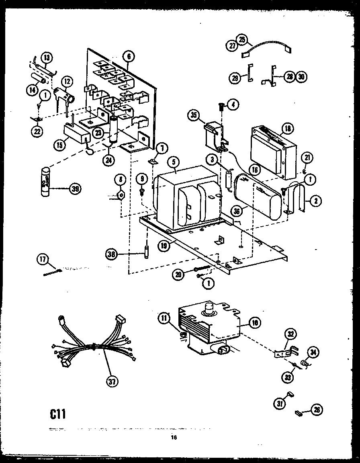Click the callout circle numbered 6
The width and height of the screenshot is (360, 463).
click(x=128, y=57)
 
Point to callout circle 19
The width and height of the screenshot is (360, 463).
click(x=163, y=246)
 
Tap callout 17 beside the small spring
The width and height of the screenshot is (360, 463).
click(x=43, y=260)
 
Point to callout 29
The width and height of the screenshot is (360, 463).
click(x=235, y=78)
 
